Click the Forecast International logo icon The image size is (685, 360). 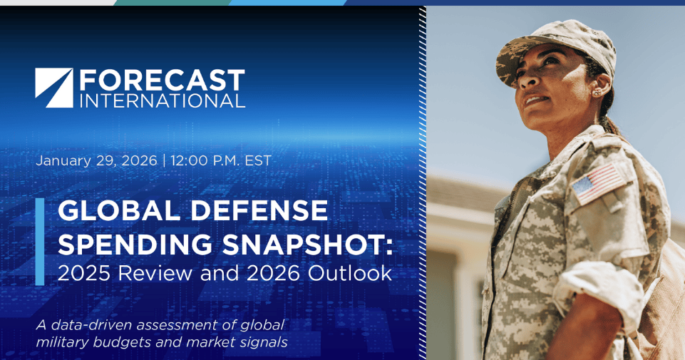coord(53,88)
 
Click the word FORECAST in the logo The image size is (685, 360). coord(162,79)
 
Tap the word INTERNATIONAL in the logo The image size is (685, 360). coord(162,100)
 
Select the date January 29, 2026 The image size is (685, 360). coord(96,160)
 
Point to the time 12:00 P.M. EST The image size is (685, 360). coord(221,160)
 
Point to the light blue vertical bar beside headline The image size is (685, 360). coord(39,242)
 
